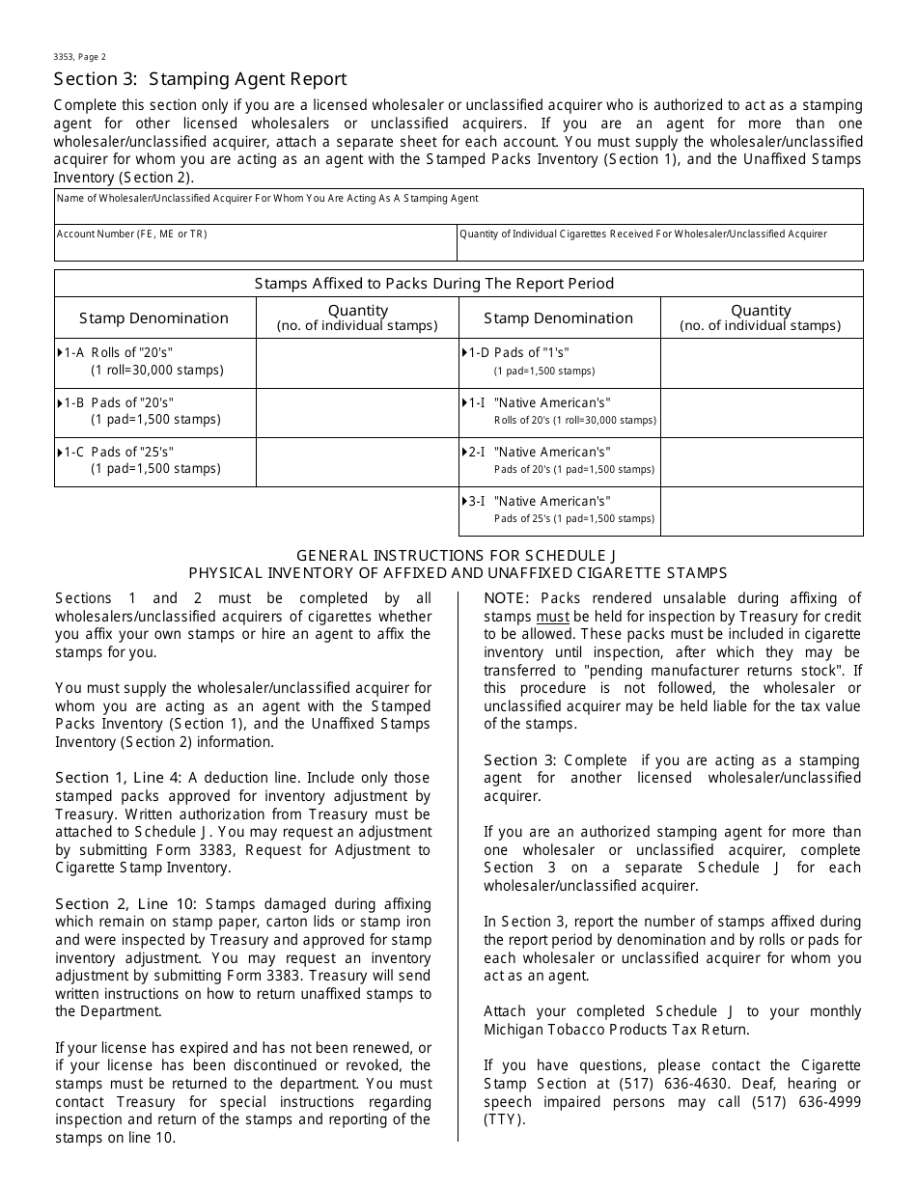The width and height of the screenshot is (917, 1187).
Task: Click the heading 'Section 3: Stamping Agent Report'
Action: (200, 79)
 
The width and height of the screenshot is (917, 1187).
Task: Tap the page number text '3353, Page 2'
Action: (80, 57)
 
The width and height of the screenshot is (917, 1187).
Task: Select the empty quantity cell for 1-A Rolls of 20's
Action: (356, 363)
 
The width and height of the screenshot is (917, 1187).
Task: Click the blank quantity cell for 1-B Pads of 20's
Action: (356, 412)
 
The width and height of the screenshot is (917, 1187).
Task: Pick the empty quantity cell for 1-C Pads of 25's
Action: (356, 461)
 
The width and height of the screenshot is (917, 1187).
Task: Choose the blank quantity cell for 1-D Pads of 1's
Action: (761, 363)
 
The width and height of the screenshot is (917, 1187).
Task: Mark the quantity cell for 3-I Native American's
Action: (761, 511)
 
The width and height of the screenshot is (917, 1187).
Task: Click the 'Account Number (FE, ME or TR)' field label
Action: (131, 234)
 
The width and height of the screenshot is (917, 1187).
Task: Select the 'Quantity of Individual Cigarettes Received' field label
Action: (643, 234)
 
